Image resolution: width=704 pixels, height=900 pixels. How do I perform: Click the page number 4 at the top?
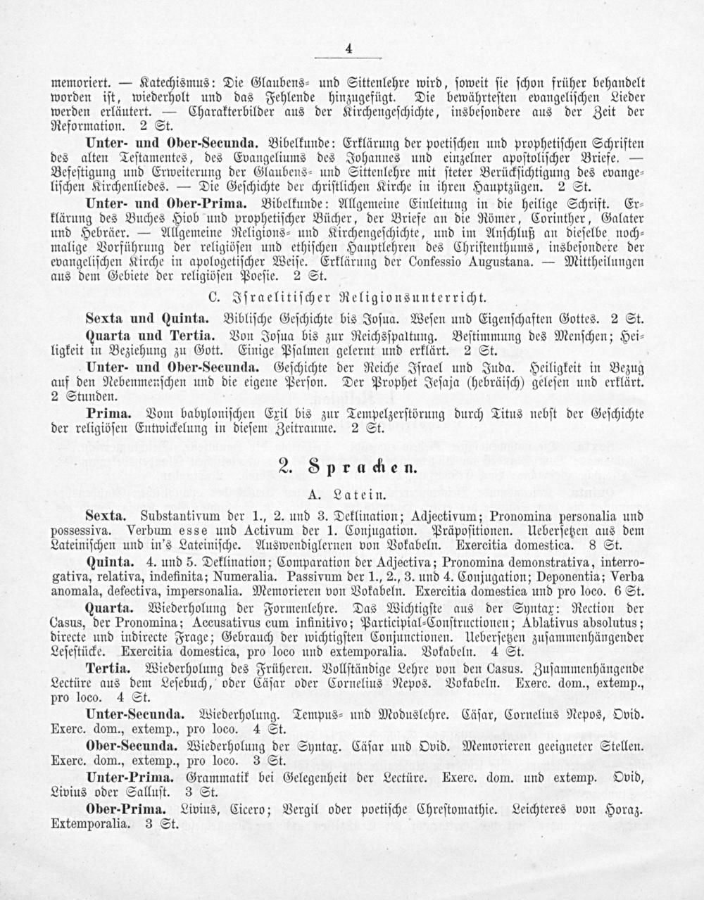(348, 49)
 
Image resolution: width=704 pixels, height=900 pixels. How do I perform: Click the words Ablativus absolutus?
(582, 623)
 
